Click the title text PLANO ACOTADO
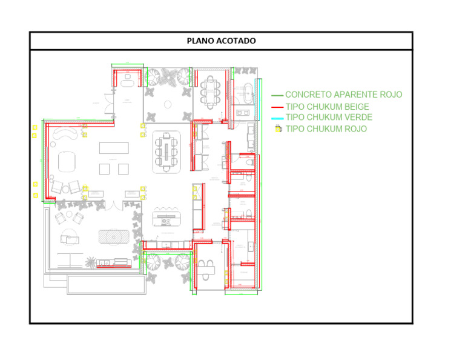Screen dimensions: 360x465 (221, 41)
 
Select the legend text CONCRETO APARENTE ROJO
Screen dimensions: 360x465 (343, 95)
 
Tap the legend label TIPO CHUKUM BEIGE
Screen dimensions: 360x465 (327, 107)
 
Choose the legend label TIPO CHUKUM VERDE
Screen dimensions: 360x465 (329, 118)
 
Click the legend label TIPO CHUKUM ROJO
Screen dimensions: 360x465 (326, 129)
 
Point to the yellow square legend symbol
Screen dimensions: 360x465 (278, 129)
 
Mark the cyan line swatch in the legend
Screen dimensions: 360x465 (277, 118)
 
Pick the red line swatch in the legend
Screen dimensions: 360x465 (277, 107)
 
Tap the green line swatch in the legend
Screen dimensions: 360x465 (277, 96)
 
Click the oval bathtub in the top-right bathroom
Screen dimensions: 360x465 (245, 93)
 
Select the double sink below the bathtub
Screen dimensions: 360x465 (245, 113)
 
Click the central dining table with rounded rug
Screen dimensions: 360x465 (167, 152)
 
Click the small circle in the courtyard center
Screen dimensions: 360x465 (168, 104)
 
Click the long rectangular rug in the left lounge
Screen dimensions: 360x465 (114, 148)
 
